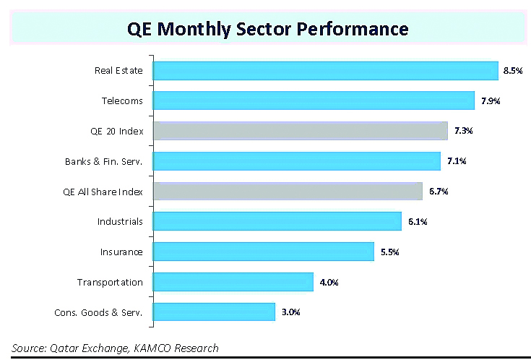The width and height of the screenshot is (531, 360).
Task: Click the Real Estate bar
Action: (325, 70)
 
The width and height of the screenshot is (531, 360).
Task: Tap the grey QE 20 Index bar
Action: (301, 131)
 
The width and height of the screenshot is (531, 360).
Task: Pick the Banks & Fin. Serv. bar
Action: (297, 160)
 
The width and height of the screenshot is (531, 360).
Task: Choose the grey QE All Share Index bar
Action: (288, 191)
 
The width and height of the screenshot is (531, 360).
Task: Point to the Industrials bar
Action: (277, 221)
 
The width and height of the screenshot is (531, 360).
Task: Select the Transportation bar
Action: (233, 281)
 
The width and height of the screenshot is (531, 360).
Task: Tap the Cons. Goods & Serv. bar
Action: (214, 312)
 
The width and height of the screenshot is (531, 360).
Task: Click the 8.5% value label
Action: (511, 71)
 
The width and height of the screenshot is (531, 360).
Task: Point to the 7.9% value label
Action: (491, 101)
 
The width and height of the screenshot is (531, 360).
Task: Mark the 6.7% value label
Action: (438, 192)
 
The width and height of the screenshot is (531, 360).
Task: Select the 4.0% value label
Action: (329, 282)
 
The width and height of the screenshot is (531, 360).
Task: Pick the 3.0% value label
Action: (291, 312)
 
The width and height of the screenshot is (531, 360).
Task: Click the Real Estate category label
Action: (118, 71)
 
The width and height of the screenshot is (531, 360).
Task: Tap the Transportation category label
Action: (111, 282)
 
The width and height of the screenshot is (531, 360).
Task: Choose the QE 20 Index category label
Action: (113, 131)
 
